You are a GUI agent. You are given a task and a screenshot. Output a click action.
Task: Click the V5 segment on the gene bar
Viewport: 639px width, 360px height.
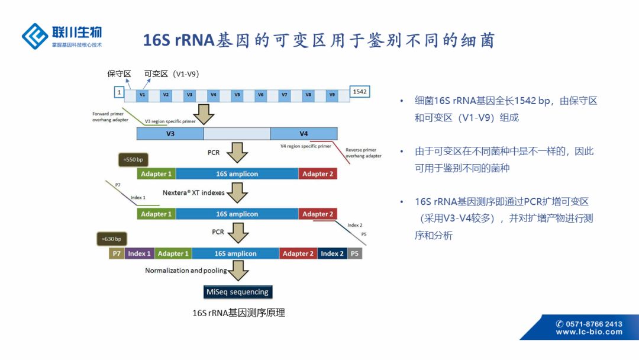237,94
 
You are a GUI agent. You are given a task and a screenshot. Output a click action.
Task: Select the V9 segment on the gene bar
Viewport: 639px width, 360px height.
331,94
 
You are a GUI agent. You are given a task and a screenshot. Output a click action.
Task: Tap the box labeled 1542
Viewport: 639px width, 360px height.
360,92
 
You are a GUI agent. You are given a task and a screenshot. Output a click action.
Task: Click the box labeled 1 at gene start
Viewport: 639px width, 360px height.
119,92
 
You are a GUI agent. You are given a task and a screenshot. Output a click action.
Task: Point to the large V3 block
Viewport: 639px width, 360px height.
170,133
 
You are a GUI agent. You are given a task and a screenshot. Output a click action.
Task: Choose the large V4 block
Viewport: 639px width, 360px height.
304,133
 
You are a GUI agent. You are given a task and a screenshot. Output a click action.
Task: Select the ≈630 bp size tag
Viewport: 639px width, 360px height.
112,239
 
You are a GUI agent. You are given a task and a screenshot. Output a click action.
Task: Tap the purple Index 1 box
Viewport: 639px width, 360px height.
139,253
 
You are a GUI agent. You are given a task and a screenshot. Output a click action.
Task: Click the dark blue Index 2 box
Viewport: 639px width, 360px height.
332,253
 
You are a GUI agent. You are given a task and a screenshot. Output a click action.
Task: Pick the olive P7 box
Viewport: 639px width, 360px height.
117,253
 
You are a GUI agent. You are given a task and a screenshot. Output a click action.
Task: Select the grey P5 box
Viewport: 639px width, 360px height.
354,253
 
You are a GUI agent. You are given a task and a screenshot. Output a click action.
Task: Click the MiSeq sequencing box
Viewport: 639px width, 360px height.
237,292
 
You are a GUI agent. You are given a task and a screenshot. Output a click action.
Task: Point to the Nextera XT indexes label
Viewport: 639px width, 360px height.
193,193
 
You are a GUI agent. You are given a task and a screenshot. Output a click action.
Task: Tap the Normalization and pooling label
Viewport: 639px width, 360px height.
186,271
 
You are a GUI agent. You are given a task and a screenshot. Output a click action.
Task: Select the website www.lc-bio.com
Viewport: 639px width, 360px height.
589,332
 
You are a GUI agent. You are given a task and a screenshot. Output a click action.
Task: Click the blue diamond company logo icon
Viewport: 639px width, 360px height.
35,36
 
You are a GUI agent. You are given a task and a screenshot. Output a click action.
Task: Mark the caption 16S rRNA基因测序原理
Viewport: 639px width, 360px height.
238,313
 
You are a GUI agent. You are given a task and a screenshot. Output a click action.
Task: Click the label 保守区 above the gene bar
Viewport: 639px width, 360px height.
119,73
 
